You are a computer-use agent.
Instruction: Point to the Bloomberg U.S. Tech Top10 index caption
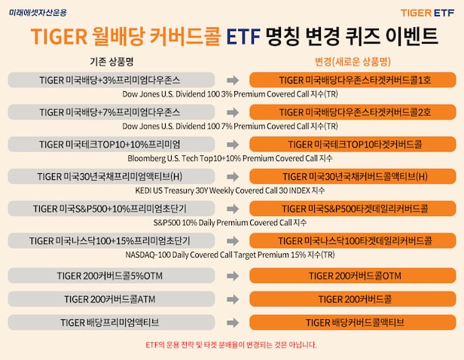coord(231,158)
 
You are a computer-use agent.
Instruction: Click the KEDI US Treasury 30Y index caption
coord(231,191)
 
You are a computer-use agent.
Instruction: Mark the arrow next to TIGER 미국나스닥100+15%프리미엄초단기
coord(232,241)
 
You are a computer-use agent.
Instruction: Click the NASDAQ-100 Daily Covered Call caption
coord(231,255)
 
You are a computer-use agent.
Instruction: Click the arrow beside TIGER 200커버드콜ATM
coord(232,300)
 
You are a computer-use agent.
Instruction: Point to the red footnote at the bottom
coord(231,345)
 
